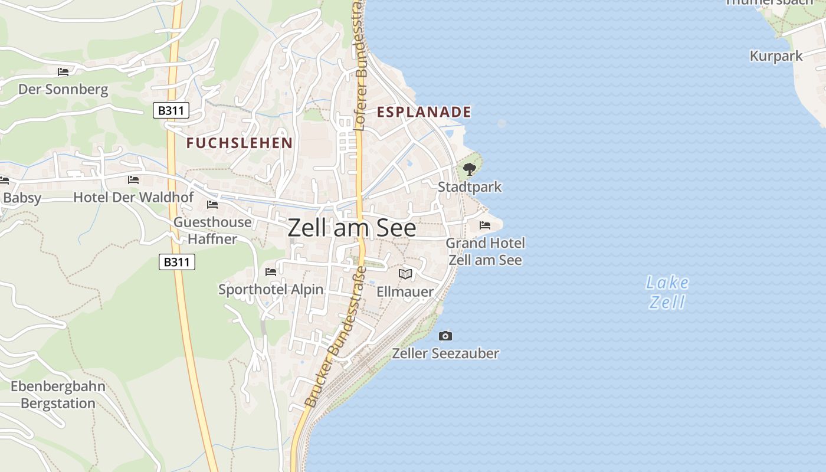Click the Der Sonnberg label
click(x=63, y=90)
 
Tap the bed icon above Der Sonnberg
click(x=63, y=72)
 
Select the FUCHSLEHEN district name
click(x=240, y=143)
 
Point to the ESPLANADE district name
click(x=424, y=112)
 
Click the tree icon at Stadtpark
click(x=470, y=170)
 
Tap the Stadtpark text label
click(x=470, y=187)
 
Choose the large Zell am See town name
click(x=352, y=228)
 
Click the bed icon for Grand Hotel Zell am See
click(x=485, y=225)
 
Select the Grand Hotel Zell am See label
click(x=485, y=251)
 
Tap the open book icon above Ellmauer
click(x=405, y=274)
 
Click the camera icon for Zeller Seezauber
click(x=445, y=336)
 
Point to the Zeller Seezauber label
click(x=445, y=354)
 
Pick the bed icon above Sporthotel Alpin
click(x=271, y=272)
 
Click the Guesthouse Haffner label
click(x=212, y=231)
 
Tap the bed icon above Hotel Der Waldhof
click(x=133, y=180)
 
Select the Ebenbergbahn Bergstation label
click(x=58, y=395)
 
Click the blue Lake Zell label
click(x=667, y=292)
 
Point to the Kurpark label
click(x=776, y=56)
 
